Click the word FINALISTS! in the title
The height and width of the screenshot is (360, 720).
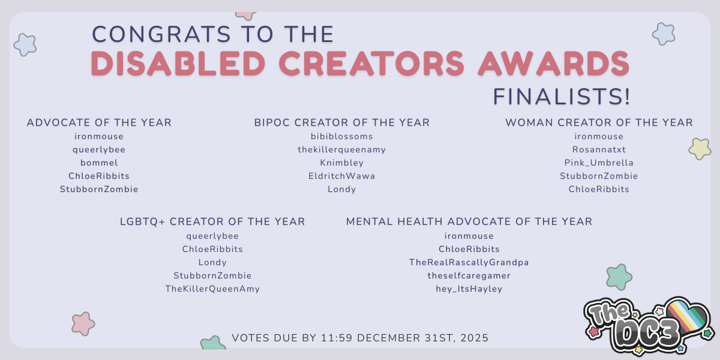[561, 97]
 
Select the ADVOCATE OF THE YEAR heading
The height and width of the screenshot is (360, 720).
[99, 122]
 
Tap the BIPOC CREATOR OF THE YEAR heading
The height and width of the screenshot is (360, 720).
[341, 122]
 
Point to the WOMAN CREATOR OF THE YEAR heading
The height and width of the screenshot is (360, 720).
[599, 122]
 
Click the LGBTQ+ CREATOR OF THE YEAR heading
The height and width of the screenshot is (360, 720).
[212, 221]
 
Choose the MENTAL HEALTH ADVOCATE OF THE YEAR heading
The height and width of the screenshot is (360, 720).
[469, 221]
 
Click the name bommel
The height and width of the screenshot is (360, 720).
[99, 163]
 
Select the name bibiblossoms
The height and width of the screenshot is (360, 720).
[341, 136]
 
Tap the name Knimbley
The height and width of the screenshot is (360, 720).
[341, 163]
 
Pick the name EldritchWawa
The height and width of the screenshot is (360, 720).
[341, 176]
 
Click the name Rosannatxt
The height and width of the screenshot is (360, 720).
[599, 149]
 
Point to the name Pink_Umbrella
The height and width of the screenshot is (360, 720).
[599, 163]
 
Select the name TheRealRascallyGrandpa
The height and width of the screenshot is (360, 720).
[469, 263]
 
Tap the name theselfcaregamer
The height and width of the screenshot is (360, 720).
[469, 276]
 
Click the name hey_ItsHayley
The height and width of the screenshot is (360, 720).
[469, 289]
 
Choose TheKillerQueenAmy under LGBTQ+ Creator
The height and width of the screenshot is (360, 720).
[212, 289]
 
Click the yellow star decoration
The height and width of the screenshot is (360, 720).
[700, 149]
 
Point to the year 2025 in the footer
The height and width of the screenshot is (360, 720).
[475, 338]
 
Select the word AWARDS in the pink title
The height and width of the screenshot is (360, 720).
[554, 64]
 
